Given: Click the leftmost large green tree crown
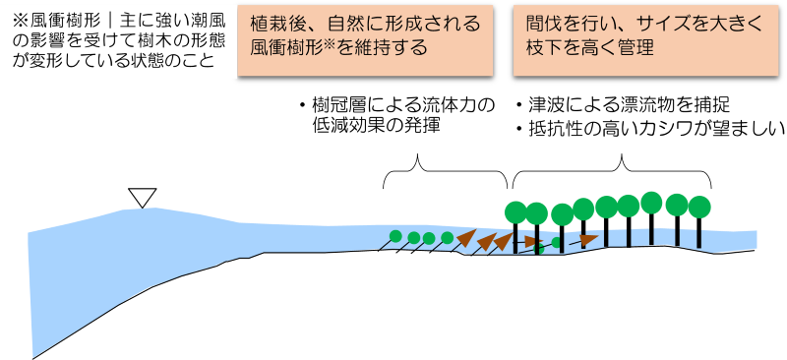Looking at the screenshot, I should tap(515, 211).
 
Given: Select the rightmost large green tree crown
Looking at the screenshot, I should tap(698, 207).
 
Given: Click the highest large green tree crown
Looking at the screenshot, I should tap(651, 202).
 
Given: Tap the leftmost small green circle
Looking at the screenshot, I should tap(395, 236).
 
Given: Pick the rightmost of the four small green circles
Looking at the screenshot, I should tap(448, 237).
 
